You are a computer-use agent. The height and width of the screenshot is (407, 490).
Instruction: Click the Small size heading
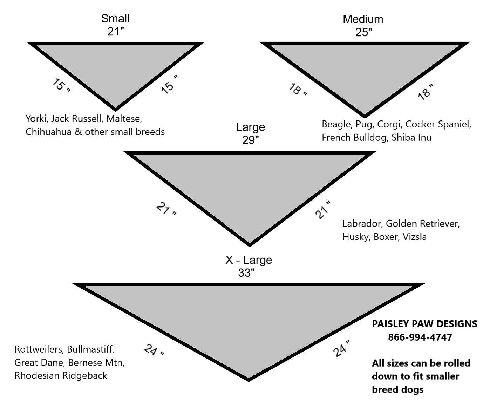[115, 18]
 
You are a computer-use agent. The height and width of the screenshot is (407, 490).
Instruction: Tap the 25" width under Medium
[363, 32]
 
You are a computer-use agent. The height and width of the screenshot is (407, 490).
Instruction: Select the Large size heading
[250, 127]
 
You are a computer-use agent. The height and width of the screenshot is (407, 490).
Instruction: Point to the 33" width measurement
[246, 273]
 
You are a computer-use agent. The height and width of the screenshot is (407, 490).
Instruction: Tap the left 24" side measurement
[154, 350]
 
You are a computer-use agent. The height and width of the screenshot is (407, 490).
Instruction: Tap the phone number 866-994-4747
[420, 337]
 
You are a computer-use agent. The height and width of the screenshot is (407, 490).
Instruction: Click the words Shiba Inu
[411, 137]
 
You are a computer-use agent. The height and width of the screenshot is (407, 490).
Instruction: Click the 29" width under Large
[250, 140]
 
